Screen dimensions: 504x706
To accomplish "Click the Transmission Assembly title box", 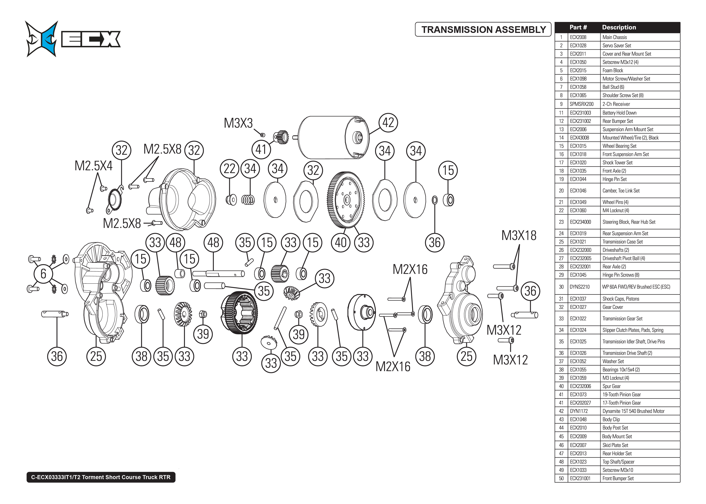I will pyautogui.click(x=483, y=30).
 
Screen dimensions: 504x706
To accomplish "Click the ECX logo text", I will pyautogui.click(x=91, y=39).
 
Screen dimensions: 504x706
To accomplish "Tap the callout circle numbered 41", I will pyautogui.click(x=261, y=150).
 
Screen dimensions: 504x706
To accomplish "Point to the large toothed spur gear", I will pyautogui.click(x=345, y=199).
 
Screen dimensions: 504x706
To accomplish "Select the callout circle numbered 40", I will pyautogui.click(x=341, y=242).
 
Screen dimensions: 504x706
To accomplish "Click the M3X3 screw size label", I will pyautogui.click(x=238, y=123).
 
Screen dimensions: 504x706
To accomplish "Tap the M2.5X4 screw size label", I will pyautogui.click(x=93, y=166).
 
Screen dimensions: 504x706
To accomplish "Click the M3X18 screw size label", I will pyautogui.click(x=519, y=235).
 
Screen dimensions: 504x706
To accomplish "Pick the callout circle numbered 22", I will pyautogui.click(x=229, y=169).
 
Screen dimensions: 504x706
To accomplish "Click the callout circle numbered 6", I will pyautogui.click(x=43, y=274).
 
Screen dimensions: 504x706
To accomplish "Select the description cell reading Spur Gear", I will pyautogui.click(x=611, y=386).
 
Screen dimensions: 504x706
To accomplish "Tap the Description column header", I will pyautogui.click(x=619, y=27).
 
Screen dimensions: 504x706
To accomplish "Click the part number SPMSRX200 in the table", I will pyautogui.click(x=581, y=104).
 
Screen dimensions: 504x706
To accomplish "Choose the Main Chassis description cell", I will pyautogui.click(x=614, y=37).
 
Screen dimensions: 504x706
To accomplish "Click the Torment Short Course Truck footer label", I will pyautogui.click(x=101, y=477).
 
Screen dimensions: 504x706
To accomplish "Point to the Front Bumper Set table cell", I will pyautogui.click(x=618, y=478).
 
